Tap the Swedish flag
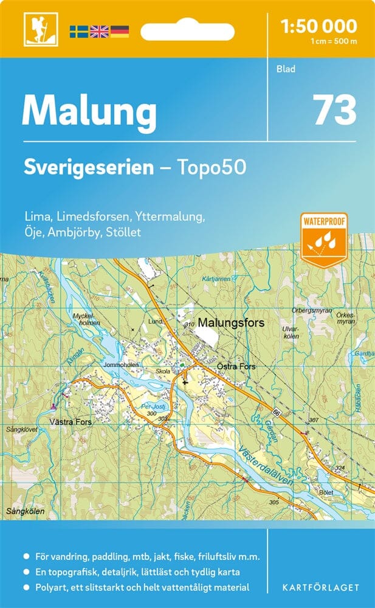(x=78, y=31)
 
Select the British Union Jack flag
(x=98, y=31)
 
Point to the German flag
(x=119, y=31)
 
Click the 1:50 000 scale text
(x=319, y=26)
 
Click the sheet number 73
(x=334, y=110)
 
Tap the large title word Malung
(x=89, y=111)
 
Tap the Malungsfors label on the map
(x=232, y=323)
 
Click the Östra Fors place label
(x=236, y=367)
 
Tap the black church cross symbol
(x=185, y=383)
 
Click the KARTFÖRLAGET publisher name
(x=320, y=587)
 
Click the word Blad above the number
(x=285, y=69)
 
